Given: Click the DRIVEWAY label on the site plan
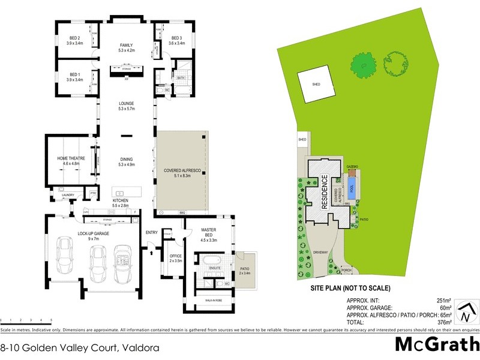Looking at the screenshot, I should pos(320,252).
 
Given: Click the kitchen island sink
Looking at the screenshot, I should pos(120,193).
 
